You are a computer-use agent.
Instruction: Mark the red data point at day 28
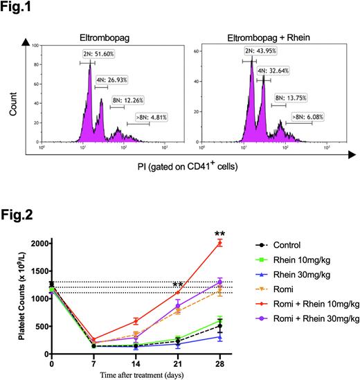(x=219, y=243)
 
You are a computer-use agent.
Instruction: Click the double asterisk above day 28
(x=220, y=233)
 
